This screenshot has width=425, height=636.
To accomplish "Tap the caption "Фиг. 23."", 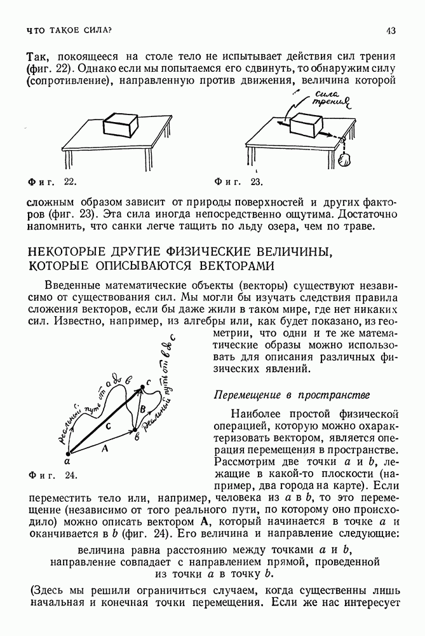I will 239,183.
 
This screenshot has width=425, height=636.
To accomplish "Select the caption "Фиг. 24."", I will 53,474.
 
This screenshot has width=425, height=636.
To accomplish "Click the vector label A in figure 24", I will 105,448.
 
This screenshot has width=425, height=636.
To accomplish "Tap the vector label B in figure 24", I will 143,408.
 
